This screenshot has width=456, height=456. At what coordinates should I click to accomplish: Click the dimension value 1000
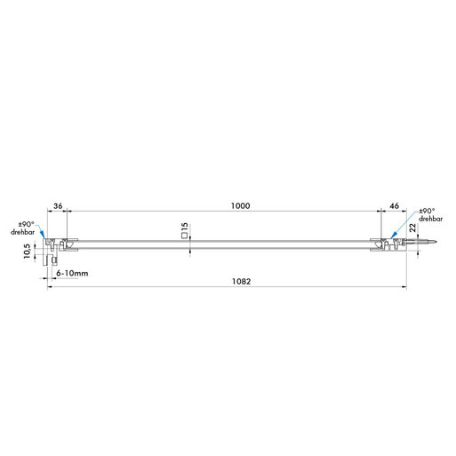pyautogui.click(x=240, y=205)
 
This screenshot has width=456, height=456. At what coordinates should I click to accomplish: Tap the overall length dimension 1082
pyautogui.click(x=241, y=281)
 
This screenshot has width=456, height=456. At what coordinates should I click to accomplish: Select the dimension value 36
pyautogui.click(x=58, y=205)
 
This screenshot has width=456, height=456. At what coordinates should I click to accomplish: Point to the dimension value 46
pyautogui.click(x=394, y=205)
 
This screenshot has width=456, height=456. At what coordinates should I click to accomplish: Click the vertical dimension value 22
pyautogui.click(x=412, y=228)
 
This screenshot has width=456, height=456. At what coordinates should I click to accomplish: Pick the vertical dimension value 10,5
pyautogui.click(x=27, y=252)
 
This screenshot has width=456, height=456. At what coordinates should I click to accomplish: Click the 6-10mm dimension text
pyautogui.click(x=72, y=273)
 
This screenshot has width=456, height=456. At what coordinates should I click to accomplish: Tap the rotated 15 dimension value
pyautogui.click(x=184, y=228)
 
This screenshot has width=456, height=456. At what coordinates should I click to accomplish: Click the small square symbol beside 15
pyautogui.click(x=184, y=236)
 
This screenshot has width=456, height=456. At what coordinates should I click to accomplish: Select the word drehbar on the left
pyautogui.click(x=22, y=232)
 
